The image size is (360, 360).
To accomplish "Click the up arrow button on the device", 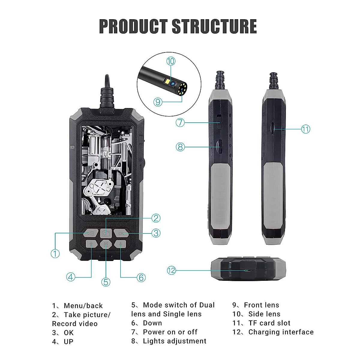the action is (91, 244).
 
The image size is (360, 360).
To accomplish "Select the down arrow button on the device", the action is (121, 244).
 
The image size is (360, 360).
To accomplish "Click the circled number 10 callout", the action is (171, 61).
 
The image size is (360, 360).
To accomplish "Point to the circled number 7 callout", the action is (180, 122).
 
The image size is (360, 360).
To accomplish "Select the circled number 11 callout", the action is (305, 129).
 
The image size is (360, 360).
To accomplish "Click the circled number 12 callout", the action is (171, 270).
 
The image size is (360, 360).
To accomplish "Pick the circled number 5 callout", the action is (106, 282).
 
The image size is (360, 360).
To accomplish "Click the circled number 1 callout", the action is (55, 253).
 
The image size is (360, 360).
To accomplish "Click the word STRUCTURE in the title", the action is (214, 26).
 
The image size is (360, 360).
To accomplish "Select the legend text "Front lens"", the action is (261, 305).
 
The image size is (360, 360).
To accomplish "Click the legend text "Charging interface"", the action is (281, 332).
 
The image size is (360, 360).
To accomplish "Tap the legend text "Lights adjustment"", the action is (175, 341).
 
